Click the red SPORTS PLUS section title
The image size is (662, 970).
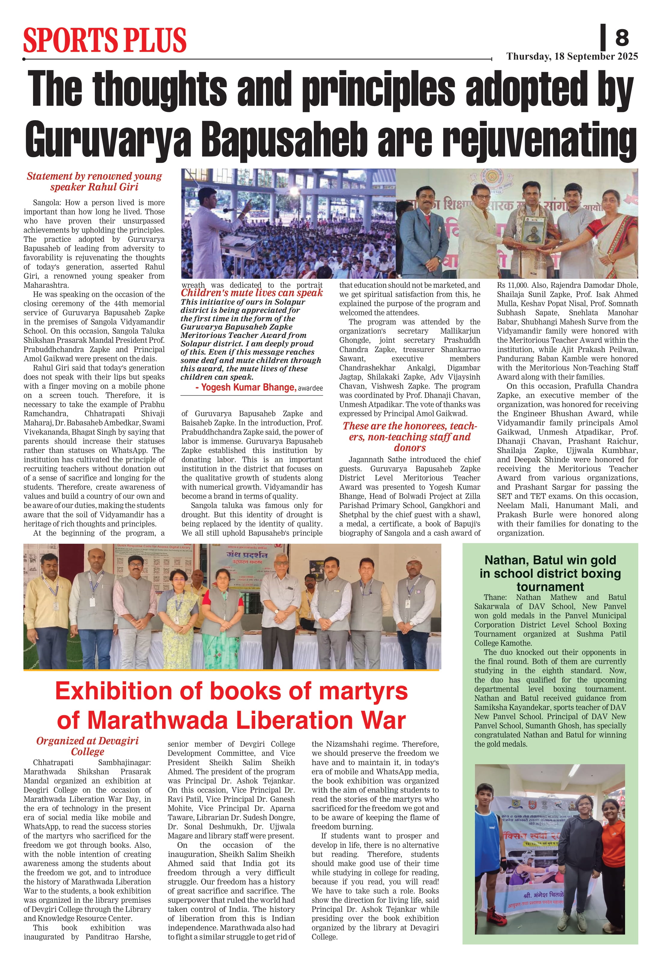pos(105,41)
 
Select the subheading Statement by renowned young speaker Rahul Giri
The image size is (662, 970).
pos(94,181)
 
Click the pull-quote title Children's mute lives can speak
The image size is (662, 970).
pos(252,293)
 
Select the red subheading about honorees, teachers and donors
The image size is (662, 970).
pos(410,436)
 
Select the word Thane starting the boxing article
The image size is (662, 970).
pos(495,597)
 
